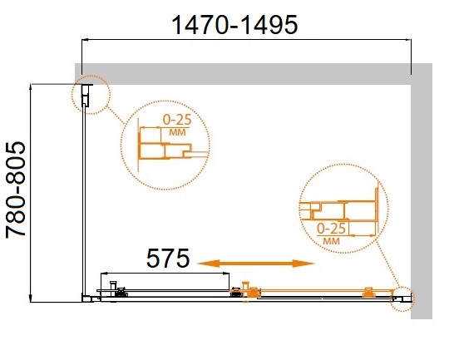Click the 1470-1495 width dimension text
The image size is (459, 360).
tap(234, 25)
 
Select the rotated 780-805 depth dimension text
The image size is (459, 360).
tap(16, 190)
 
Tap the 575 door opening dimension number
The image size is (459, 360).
tap(168, 259)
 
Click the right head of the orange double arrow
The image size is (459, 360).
tap(304, 264)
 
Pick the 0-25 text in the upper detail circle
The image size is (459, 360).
tap(177, 120)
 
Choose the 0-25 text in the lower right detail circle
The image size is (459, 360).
tap(332, 229)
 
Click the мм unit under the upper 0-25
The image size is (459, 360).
tap(177, 132)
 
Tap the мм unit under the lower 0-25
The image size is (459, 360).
tap(332, 241)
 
